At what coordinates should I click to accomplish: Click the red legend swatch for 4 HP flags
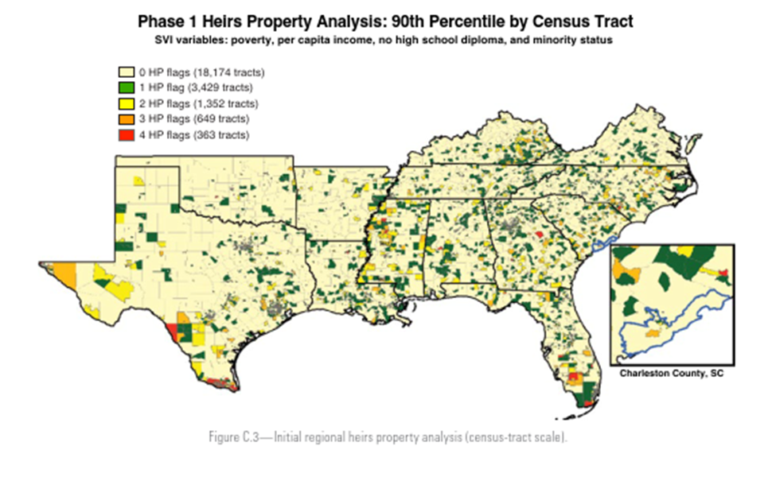pyautogui.click(x=126, y=135)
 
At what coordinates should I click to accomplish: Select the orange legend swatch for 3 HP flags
pyautogui.click(x=126, y=119)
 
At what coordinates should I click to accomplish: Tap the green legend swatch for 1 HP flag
pyautogui.click(x=126, y=87)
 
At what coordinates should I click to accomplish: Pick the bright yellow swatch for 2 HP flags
pyautogui.click(x=126, y=103)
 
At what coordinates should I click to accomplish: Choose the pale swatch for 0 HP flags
pyautogui.click(x=126, y=72)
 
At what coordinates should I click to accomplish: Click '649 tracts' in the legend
pyautogui.click(x=220, y=119)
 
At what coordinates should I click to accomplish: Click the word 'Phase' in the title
pyautogui.click(x=162, y=21)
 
